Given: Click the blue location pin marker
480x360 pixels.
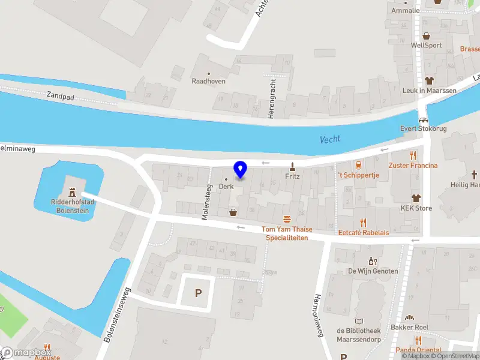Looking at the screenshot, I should [x=240, y=170].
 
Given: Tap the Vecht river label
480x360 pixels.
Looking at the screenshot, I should [x=330, y=139].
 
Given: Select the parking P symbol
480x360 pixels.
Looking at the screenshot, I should [x=198, y=293].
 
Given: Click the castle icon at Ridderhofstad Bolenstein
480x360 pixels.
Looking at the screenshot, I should [x=73, y=192].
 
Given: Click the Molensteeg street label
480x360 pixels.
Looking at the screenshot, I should [x=205, y=202].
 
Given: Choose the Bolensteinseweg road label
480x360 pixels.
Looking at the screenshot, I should [x=118, y=312].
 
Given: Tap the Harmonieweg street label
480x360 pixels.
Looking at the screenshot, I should [x=319, y=315].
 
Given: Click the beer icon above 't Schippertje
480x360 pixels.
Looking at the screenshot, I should [x=358, y=164].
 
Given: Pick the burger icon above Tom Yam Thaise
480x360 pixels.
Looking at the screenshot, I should [x=287, y=219].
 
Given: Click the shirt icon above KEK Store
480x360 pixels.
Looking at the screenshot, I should [x=416, y=198].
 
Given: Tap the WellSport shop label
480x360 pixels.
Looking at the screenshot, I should [x=426, y=45].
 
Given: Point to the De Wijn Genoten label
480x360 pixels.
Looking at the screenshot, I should [x=373, y=271].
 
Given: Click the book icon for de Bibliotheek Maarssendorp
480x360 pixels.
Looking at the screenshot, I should [x=359, y=322].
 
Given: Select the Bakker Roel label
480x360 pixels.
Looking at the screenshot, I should [x=410, y=328].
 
